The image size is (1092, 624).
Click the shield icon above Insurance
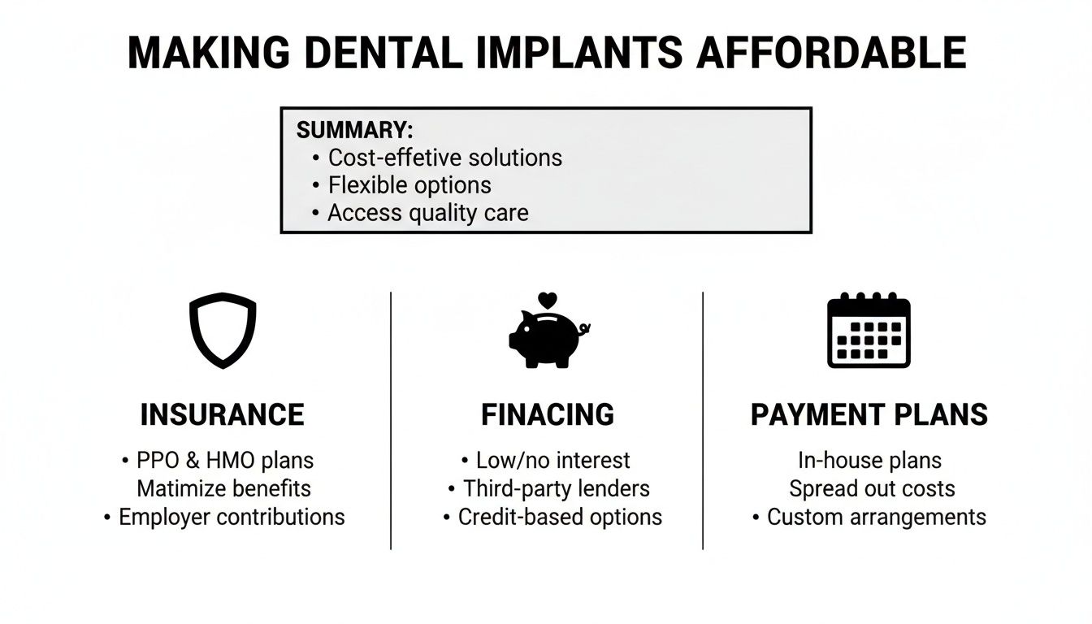pos(223,331)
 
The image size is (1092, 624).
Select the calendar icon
pos(869,331)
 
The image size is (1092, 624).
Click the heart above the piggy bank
pos(548,300)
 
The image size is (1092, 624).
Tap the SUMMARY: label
pos(355,130)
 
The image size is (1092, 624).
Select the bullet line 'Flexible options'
pos(409,185)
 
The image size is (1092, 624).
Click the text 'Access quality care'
pos(427,213)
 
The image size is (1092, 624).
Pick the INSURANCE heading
pos(223,415)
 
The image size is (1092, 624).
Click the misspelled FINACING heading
pos(548,415)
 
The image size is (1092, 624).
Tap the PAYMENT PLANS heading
pos(869,415)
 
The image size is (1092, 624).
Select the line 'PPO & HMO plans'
pos(223,461)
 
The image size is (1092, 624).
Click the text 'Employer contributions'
pos(232,517)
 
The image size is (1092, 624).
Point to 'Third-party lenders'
pos(556,488)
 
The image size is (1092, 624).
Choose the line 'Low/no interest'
pos(552,461)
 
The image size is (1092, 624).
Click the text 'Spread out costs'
pos(872,488)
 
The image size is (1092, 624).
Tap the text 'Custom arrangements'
pos(876,517)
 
